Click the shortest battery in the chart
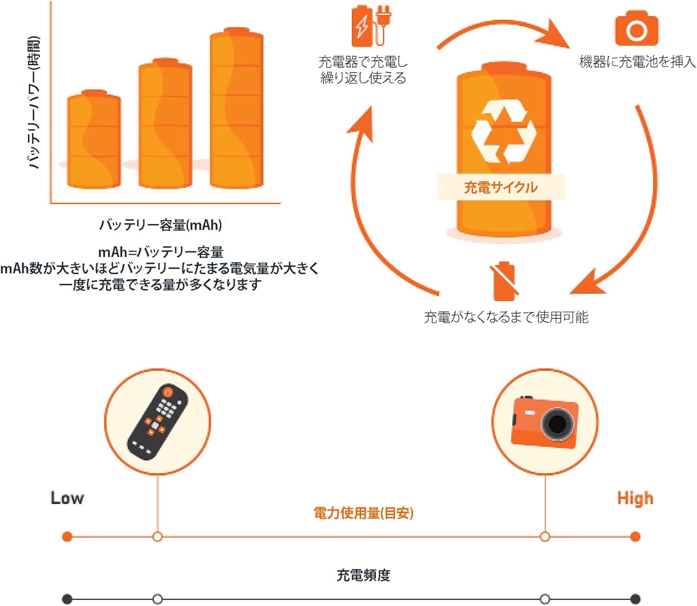click(x=94, y=139)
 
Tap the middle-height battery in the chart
click(x=165, y=124)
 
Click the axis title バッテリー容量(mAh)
click(x=161, y=225)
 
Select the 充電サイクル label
click(x=501, y=187)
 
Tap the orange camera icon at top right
click(x=637, y=29)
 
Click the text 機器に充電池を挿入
click(x=637, y=61)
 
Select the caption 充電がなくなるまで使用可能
click(x=506, y=317)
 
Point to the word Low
click(x=67, y=498)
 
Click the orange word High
click(x=635, y=498)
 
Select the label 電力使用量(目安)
click(x=363, y=513)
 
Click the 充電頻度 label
click(x=363, y=575)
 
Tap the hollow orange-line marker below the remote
click(x=158, y=537)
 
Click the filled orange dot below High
click(x=635, y=537)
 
